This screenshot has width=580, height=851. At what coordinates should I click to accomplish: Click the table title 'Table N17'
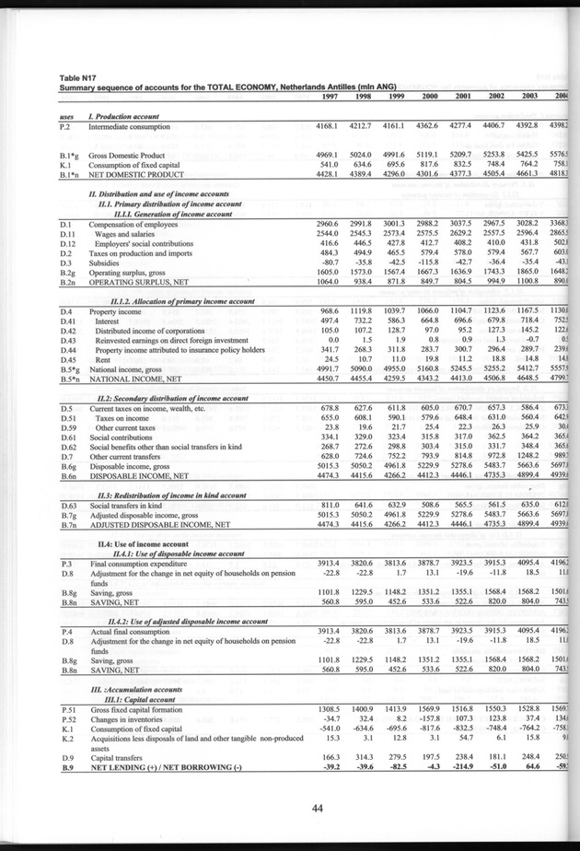(x=80, y=78)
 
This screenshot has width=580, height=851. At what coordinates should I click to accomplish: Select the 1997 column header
(x=335, y=98)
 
